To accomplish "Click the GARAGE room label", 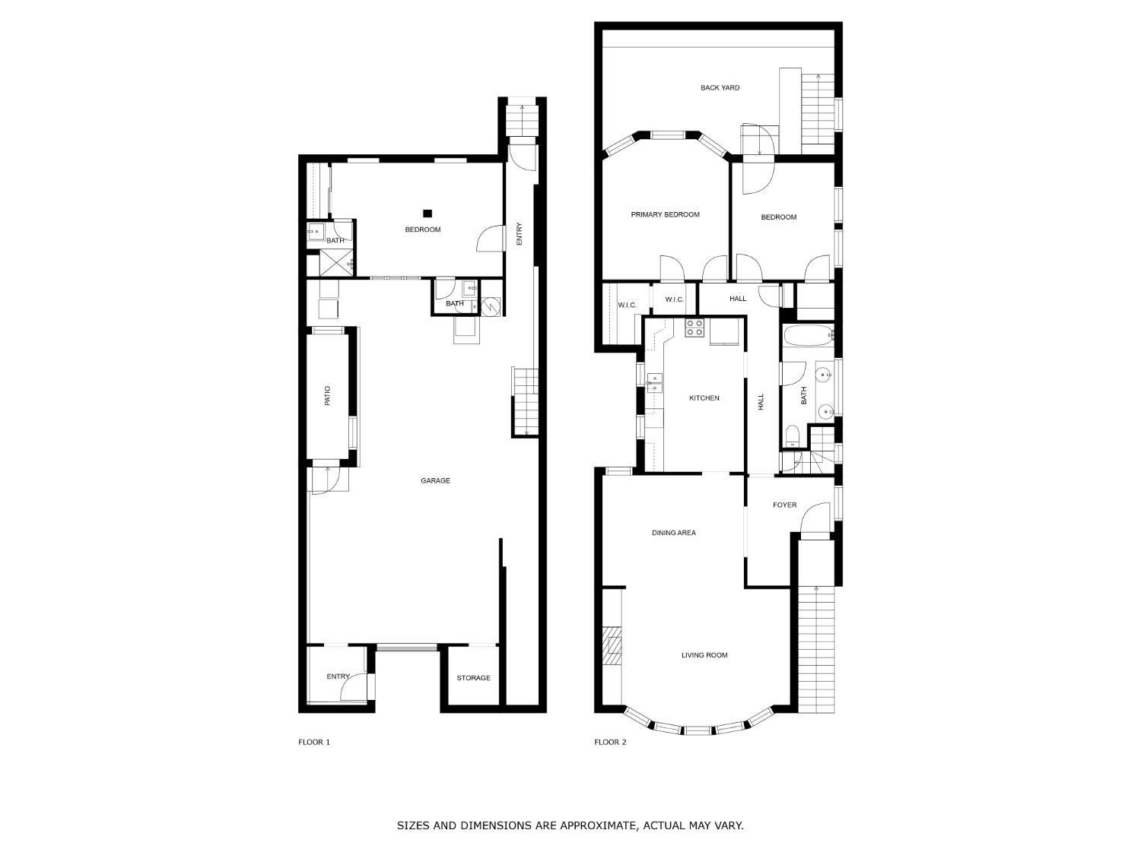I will (435, 480).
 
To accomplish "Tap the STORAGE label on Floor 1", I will (473, 678).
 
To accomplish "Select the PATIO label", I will (327, 395).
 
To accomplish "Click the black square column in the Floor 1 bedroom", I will (427, 214).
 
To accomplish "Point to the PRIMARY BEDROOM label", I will (665, 214).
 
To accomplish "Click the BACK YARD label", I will (720, 88).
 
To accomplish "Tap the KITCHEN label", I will (704, 398).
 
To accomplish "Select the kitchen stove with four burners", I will (694, 328).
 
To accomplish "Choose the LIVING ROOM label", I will (704, 655).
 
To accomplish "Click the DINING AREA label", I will (673, 533).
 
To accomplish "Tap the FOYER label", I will (784, 505).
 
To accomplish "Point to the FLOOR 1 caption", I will (314, 743).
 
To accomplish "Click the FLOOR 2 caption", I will (610, 743).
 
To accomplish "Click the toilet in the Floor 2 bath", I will (792, 436).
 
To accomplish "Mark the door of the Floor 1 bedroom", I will (490, 238).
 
